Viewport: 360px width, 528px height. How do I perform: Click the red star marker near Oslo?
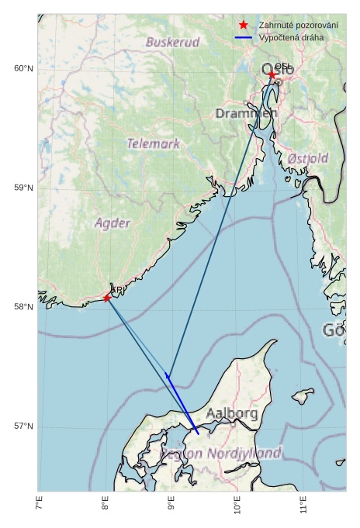[x=272, y=75]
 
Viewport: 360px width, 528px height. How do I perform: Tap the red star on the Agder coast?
[x=107, y=298]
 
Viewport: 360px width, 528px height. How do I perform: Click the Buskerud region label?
[x=172, y=42]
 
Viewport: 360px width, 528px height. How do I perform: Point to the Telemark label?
[x=153, y=143]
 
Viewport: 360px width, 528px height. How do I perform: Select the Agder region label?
[x=112, y=223]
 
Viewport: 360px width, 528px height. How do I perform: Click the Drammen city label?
[x=246, y=114]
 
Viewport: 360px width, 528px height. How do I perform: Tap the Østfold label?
[x=307, y=158]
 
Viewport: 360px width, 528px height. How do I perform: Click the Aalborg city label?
[x=232, y=414]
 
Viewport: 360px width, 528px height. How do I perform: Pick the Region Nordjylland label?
[x=221, y=453]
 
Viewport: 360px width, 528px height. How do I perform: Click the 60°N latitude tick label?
[x=23, y=69]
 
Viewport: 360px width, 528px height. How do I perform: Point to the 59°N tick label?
[x=23, y=188]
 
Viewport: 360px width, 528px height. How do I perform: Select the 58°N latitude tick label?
[x=23, y=307]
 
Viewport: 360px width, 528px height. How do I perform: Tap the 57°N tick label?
[x=23, y=426]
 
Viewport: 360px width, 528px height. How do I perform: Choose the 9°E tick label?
[x=171, y=506]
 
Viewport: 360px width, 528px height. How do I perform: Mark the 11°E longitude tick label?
[x=304, y=506]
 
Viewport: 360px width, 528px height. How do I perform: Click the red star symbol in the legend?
[x=244, y=25]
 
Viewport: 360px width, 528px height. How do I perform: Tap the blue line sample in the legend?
[x=244, y=37]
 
